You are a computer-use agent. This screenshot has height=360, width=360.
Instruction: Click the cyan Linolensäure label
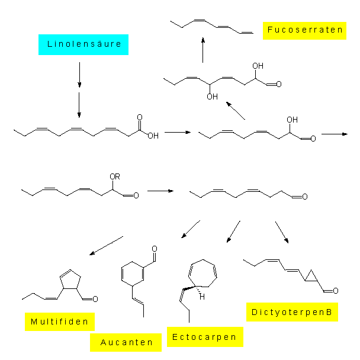(83, 44)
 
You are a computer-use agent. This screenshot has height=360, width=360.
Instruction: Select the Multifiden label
(60, 322)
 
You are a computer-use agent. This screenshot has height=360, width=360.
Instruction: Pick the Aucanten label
(126, 342)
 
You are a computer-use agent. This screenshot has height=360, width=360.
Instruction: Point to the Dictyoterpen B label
(292, 312)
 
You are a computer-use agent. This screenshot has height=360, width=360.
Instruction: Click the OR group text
(116, 176)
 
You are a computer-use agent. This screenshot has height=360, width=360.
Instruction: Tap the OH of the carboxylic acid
(153, 136)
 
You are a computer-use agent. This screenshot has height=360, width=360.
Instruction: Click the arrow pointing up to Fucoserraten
(203, 50)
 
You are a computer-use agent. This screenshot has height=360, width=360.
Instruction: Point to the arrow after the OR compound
(160, 191)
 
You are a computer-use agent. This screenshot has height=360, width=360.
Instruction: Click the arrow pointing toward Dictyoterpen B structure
(281, 232)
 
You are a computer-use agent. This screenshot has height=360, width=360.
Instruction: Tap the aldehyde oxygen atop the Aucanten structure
(155, 249)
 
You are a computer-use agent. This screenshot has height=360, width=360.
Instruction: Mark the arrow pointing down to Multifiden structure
(106, 246)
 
